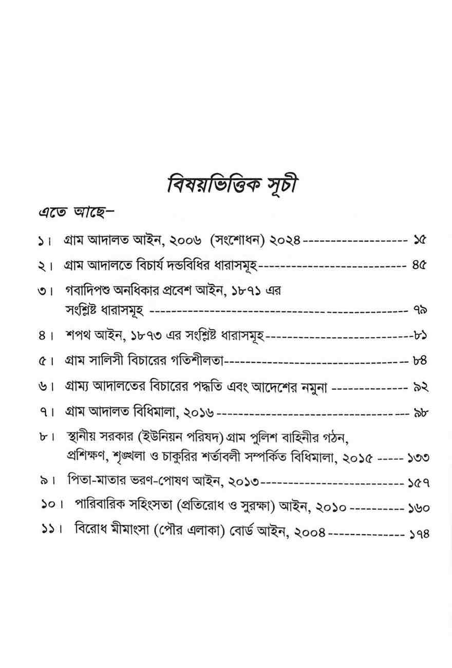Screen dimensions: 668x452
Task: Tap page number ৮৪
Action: coord(420,362)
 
